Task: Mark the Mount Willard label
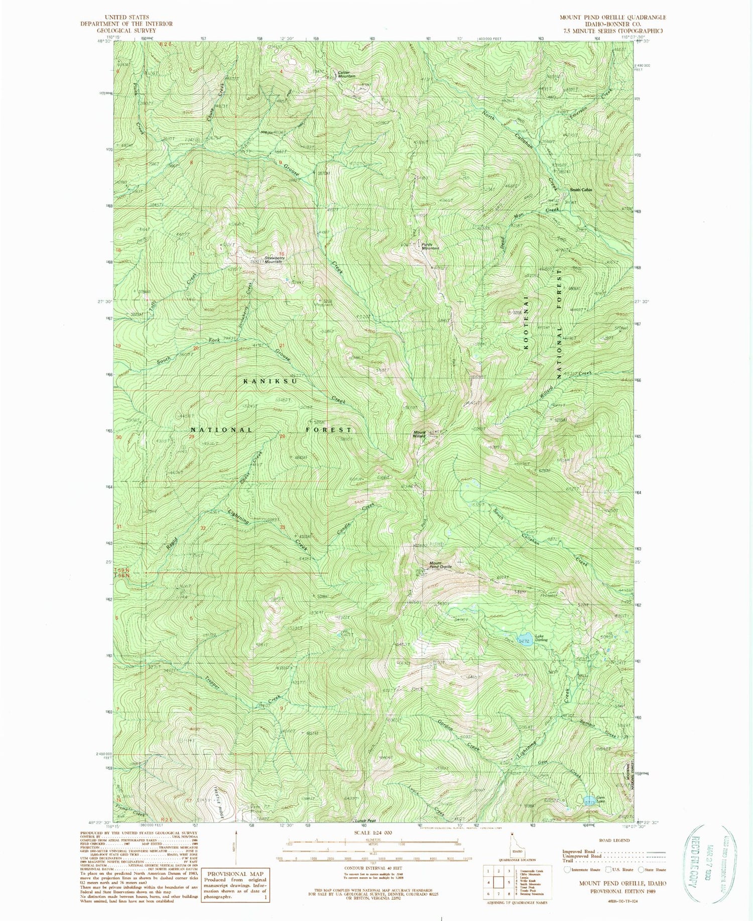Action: [420, 434]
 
